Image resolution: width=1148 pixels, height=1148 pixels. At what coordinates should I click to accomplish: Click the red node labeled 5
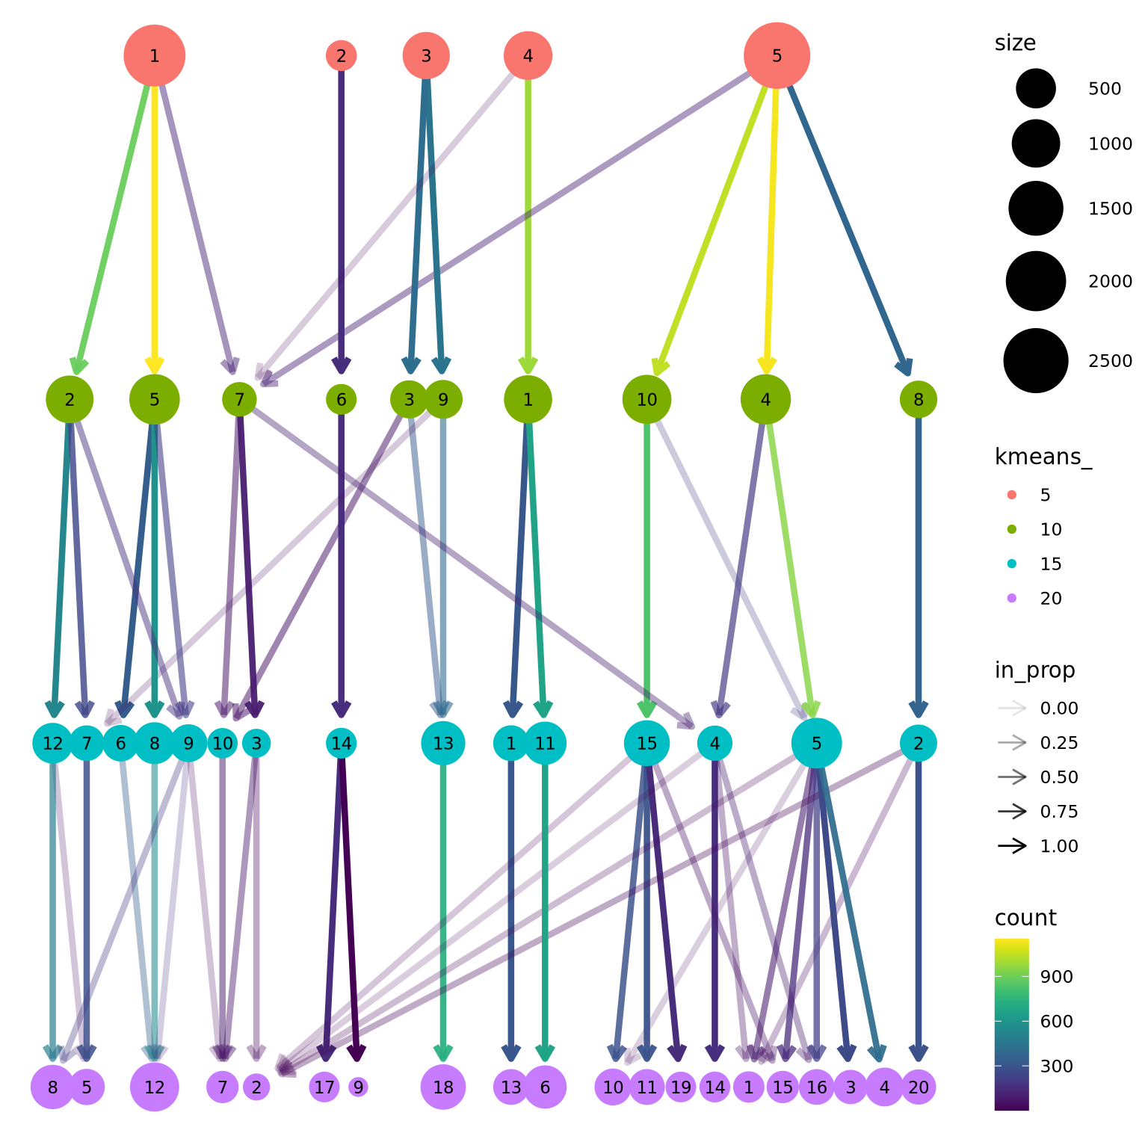[777, 55]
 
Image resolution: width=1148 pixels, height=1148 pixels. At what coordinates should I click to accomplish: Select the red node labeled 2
[341, 55]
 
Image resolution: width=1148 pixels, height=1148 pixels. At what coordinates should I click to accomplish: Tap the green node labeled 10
[646, 400]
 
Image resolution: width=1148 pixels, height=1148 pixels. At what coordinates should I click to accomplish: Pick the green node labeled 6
[341, 400]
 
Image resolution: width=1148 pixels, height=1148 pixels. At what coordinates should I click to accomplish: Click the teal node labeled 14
[341, 744]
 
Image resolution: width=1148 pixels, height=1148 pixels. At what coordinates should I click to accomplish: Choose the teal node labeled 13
[443, 744]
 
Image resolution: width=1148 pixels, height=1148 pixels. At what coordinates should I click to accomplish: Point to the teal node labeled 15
[646, 744]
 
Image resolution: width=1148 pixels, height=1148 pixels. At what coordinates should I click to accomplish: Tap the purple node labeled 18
[443, 1087]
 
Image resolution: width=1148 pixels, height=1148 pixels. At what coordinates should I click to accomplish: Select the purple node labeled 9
[358, 1087]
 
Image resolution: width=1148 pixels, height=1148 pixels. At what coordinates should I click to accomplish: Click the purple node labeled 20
[919, 1087]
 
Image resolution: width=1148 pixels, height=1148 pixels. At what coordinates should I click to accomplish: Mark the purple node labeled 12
[154, 1087]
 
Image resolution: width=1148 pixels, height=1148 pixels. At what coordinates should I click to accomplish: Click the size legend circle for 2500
[1035, 361]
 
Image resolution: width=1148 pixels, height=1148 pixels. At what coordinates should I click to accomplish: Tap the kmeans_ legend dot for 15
[1012, 564]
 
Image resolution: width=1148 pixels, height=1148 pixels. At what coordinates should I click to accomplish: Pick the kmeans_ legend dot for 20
[1012, 598]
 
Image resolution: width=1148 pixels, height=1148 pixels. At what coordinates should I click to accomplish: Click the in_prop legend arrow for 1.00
[1012, 846]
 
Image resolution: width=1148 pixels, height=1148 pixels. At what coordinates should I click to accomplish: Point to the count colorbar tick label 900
[1057, 977]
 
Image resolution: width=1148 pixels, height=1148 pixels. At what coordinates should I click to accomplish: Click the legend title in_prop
[1034, 670]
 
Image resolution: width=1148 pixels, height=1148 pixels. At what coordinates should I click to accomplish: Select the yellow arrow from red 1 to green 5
[154, 224]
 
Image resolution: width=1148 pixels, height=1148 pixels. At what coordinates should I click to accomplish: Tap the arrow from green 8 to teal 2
[919, 561]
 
